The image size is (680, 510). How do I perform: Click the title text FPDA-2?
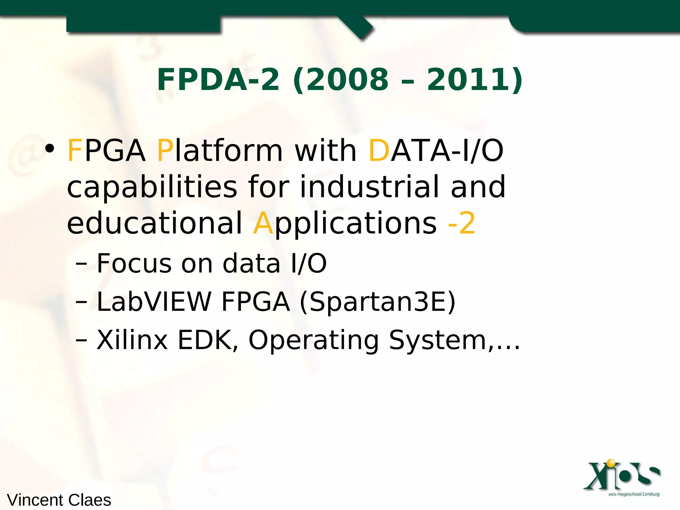tap(218, 80)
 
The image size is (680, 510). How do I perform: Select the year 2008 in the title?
tap(347, 80)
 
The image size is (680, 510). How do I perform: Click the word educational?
tap(155, 223)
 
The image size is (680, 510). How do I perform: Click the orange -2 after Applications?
tap(462, 223)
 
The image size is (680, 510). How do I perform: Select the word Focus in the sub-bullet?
tap(134, 264)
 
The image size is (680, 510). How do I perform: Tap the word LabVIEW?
tap(154, 302)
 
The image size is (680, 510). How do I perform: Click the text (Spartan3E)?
tap(378, 302)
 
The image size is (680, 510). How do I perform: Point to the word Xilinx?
tap(132, 340)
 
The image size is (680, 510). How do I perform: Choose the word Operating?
tap(313, 341)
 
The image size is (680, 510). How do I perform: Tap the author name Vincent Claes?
tap(59, 500)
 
